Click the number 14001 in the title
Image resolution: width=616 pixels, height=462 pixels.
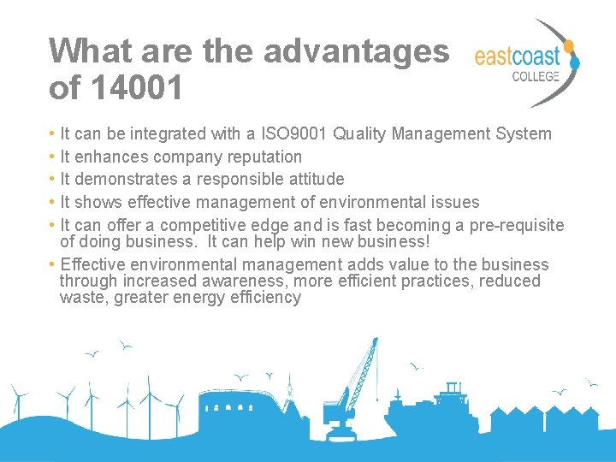[136, 87]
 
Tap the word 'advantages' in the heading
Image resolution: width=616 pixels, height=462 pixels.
[356, 51]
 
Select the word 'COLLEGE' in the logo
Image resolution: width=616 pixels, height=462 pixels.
[536, 76]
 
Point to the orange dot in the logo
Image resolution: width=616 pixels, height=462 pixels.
[568, 44]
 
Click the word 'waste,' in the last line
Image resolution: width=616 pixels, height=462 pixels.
[84, 298]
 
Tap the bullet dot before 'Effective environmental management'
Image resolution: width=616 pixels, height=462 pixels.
[52, 265]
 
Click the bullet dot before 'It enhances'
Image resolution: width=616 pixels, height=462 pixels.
[52, 157]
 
